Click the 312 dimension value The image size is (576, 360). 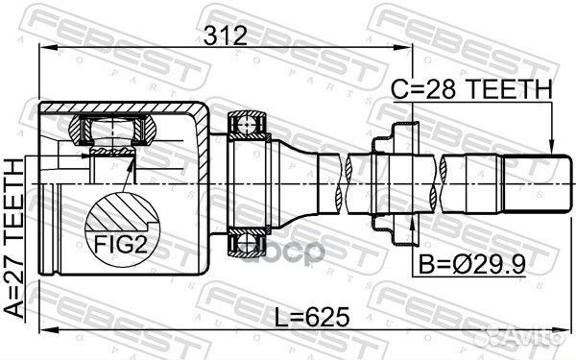pos(226,36)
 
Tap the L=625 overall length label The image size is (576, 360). pos(312,318)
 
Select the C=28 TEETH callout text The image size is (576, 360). pos(471,89)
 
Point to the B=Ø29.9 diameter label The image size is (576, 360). pos(472,264)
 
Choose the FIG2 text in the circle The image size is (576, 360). pos(121,245)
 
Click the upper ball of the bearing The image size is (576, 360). pos(246,125)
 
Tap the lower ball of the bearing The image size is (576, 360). pos(246,243)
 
